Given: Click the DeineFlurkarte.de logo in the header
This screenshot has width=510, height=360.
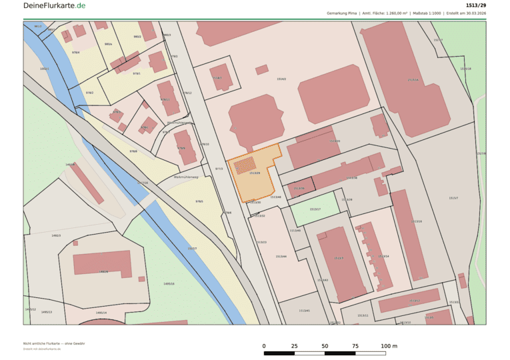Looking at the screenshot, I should click(54, 5).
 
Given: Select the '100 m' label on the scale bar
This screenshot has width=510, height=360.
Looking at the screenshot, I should click(389, 346).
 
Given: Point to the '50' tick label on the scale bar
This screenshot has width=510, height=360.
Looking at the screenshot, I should click(325, 346).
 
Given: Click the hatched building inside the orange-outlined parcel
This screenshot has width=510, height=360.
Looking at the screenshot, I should click(245, 165).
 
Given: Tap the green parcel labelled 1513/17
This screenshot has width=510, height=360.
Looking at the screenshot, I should click(315, 209).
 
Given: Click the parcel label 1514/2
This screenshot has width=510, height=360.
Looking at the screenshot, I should click(281, 79).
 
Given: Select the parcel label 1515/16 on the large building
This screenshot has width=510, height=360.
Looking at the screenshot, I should click(413, 80).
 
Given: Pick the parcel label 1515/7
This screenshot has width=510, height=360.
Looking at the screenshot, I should click(453, 198).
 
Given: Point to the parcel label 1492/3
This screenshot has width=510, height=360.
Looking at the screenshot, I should click(56, 235).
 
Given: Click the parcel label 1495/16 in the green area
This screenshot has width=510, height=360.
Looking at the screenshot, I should click(169, 283).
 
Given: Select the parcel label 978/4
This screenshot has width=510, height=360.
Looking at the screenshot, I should click(75, 52).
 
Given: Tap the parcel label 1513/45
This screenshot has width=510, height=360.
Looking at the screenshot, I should click(304, 311).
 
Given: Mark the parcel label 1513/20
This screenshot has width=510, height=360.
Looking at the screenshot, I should click(335, 141).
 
